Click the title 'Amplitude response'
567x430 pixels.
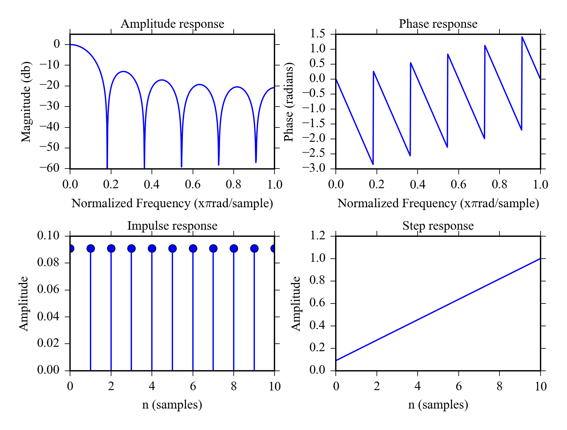[172, 24]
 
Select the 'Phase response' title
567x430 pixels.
[438, 24]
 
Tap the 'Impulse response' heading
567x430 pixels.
[172, 226]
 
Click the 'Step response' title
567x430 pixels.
[438, 226]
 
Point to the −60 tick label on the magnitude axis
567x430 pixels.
[49, 168]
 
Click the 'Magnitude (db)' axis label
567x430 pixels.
[26, 102]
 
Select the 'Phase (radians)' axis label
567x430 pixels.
[289, 102]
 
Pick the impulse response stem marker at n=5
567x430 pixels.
[172, 248]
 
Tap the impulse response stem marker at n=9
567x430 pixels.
[254, 248]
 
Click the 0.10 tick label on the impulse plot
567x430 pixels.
[48, 236]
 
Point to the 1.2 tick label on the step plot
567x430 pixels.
[317, 236]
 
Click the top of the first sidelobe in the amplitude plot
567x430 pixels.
[124, 72]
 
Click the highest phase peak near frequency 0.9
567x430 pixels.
[522, 37]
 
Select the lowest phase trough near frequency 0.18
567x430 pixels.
[373, 164]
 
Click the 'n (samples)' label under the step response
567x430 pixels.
[438, 405]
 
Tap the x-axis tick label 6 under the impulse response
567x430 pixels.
[193, 386]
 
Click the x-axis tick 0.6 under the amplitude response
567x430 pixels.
[193, 184]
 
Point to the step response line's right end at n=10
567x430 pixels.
[540, 259]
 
